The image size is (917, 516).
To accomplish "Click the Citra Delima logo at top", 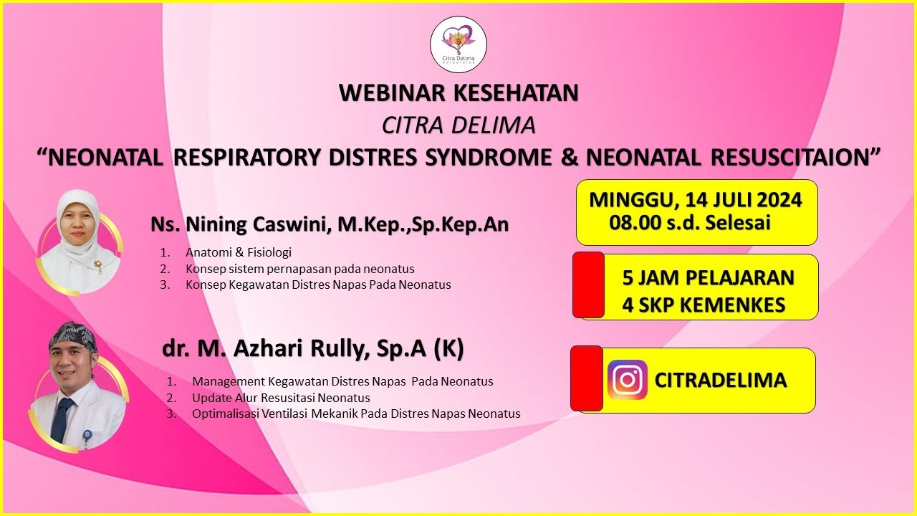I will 458,44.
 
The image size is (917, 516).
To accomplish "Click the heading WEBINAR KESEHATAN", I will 458,93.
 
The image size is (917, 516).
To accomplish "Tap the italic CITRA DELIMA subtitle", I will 458,125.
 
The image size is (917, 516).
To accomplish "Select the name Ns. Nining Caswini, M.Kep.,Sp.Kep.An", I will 330,224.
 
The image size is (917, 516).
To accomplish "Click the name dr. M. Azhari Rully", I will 313,349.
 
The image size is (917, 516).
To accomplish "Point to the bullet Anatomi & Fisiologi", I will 239,253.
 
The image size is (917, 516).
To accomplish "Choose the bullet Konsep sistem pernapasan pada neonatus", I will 299,269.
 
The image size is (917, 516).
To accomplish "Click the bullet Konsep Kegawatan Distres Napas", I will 318,285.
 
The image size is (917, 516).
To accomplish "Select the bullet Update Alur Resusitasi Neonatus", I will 281,398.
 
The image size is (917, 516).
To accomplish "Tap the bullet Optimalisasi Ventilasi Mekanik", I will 356,414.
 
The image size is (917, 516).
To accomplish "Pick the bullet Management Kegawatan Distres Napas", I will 342,382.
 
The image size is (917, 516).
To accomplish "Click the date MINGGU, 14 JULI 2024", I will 695,200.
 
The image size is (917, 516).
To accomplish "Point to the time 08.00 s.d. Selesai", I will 690,223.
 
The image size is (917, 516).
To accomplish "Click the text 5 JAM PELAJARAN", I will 708,277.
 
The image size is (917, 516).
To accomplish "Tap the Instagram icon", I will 628,380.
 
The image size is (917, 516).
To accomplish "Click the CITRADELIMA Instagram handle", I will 721,381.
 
